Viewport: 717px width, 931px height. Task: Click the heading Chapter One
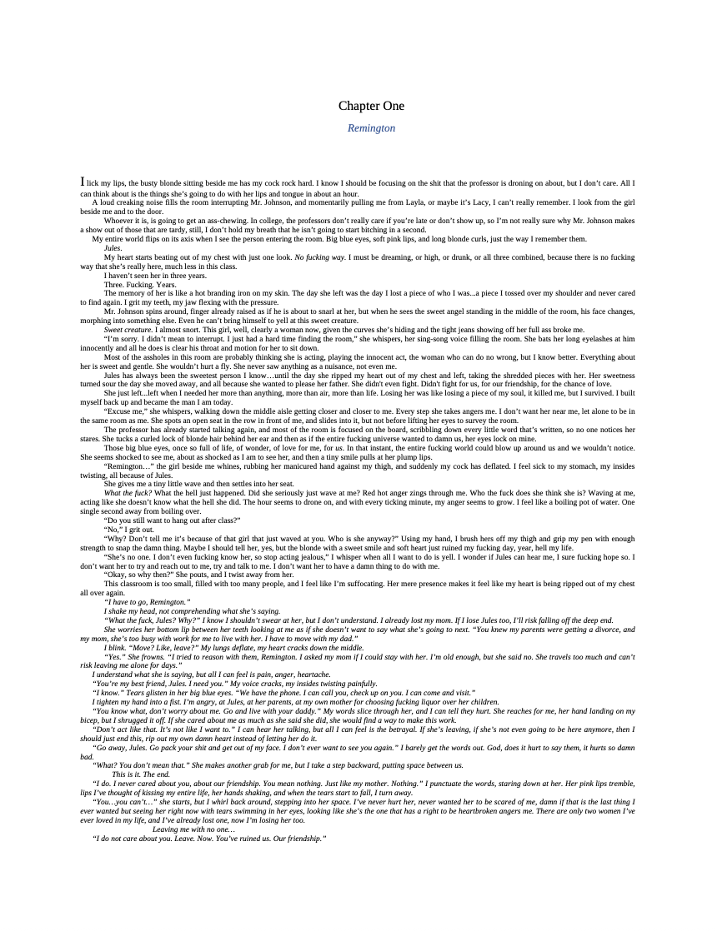click(x=371, y=106)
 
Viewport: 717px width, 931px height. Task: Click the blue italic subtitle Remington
click(x=371, y=128)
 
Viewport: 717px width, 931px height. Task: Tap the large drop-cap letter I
click(x=83, y=182)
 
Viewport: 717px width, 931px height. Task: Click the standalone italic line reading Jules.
click(x=113, y=248)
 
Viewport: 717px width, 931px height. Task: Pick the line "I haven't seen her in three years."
click(x=155, y=276)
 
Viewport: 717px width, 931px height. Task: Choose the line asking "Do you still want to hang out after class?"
click(x=172, y=520)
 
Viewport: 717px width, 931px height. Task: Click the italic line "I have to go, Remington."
click(x=147, y=601)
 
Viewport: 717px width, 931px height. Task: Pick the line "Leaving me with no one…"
click(x=193, y=829)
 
